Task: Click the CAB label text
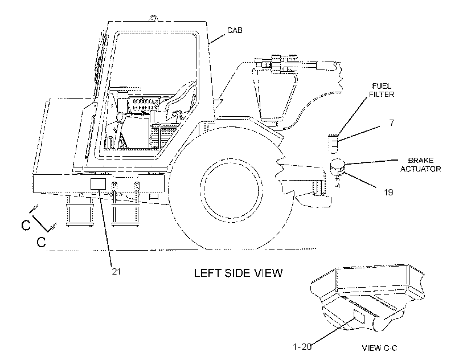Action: [x=235, y=30]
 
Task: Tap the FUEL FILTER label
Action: [x=382, y=90]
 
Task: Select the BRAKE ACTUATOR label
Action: [x=420, y=165]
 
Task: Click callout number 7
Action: [x=392, y=122]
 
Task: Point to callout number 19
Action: [x=388, y=193]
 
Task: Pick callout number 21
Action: [x=116, y=271]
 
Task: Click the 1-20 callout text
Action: [x=302, y=347]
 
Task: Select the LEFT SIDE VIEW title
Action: [x=238, y=273]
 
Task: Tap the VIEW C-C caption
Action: [x=379, y=348]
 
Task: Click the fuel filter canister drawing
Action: [x=334, y=144]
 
